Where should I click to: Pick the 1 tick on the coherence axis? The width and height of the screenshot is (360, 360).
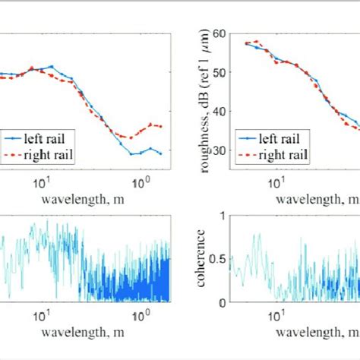(222, 216)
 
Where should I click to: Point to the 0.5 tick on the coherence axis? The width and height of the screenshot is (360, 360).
(218, 258)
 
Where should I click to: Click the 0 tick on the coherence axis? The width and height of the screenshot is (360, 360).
(222, 302)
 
